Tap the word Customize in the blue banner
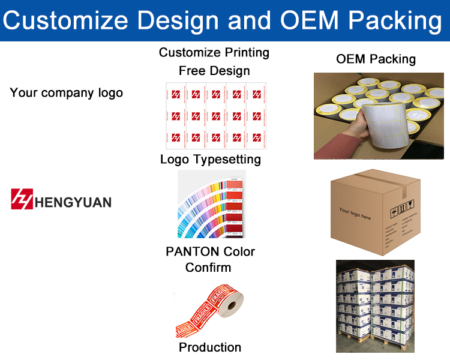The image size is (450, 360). (x=65, y=20)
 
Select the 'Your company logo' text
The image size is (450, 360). (x=66, y=92)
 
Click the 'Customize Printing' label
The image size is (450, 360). (x=214, y=53)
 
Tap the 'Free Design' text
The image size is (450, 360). (x=214, y=71)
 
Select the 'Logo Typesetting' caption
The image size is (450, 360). (x=211, y=159)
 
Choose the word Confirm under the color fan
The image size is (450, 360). (x=208, y=268)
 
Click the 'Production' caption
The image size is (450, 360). (x=210, y=347)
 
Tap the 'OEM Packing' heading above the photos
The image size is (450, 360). (x=376, y=59)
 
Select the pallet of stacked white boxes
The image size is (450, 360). (x=375, y=306)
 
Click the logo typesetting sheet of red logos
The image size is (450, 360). (x=214, y=115)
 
